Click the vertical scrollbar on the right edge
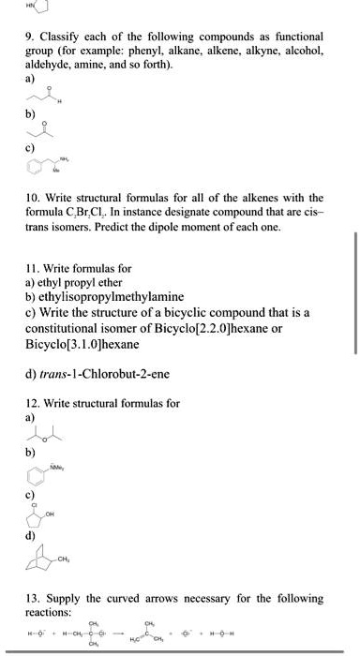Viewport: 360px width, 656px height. point(354,281)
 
